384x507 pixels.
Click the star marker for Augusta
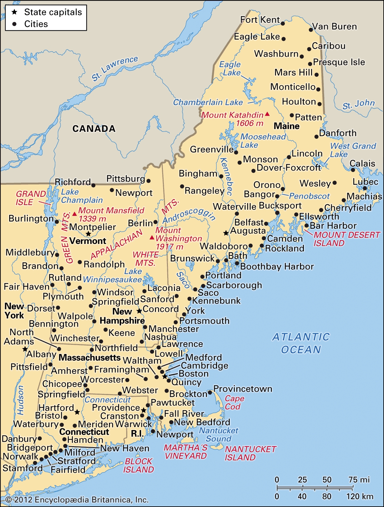[226, 233]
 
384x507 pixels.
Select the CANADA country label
[94, 129]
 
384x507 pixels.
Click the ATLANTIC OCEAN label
[301, 343]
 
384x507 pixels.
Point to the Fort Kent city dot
[283, 23]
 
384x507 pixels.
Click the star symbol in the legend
[14, 12]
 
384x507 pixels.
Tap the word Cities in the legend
[36, 24]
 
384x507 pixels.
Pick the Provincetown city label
[243, 389]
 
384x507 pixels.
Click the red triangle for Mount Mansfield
[74, 214]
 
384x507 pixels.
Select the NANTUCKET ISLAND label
[250, 453]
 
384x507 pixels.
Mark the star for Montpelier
[88, 234]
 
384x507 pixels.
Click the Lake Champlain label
[81, 196]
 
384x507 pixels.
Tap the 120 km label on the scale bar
[359, 497]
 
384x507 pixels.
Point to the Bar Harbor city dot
[306, 226]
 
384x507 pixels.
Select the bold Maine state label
[286, 126]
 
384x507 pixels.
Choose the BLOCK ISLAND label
[138, 465]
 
